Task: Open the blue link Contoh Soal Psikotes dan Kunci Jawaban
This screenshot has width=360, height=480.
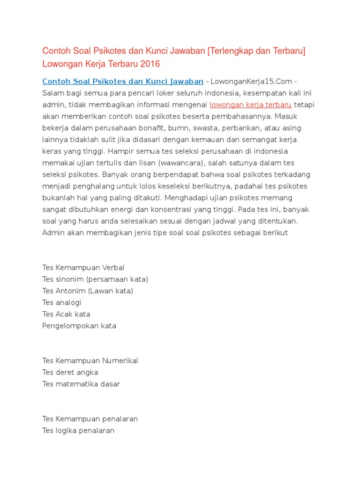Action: point(123,81)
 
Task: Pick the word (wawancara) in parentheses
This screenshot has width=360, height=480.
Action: point(179,163)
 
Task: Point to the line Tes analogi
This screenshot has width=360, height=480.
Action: point(62,302)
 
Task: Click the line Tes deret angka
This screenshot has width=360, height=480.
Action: point(70,372)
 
